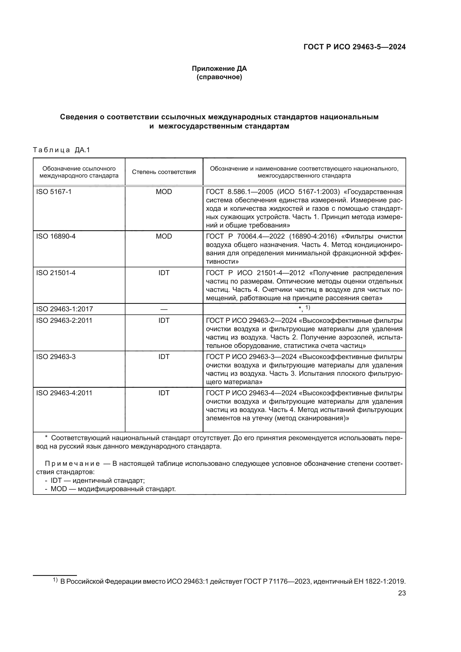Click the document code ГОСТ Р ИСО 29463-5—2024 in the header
354,47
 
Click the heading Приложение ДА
219,69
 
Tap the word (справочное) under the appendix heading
219,77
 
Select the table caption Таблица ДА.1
61,150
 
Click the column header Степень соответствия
164,172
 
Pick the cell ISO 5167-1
54,192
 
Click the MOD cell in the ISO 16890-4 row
164,236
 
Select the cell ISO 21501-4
56,273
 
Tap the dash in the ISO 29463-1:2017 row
164,309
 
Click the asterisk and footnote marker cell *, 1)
304,308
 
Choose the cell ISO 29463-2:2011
64,321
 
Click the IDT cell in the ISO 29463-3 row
164,357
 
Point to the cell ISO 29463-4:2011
64,393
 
